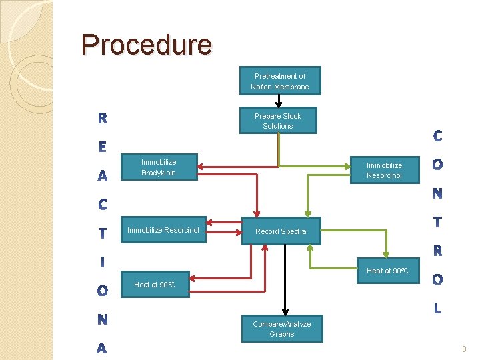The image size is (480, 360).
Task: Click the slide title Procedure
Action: coord(147,45)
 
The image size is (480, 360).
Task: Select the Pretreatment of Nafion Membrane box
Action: coord(280,81)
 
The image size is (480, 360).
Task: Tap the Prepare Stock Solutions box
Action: coord(278,121)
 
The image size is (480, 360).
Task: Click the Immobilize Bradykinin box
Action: coord(159,167)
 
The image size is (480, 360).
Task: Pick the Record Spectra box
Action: coord(281,231)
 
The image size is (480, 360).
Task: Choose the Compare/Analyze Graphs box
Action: coord(281,329)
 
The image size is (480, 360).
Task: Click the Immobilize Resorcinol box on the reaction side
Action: coord(163,230)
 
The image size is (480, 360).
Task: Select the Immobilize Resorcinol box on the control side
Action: coord(384,170)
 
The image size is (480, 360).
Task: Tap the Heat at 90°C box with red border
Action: coord(154,285)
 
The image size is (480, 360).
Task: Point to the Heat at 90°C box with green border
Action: coord(387,270)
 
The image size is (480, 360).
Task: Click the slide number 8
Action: coord(464,349)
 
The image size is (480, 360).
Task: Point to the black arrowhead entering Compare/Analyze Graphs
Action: coord(285,312)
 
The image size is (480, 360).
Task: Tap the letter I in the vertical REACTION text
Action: coord(102,262)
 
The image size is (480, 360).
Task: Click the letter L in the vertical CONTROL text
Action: coord(437,308)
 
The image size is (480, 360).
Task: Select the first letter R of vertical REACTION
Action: coord(102,119)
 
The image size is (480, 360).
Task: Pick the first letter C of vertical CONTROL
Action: coord(437,136)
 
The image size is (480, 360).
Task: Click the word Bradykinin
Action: coord(159,173)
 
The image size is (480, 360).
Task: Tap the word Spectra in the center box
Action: coord(293,231)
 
